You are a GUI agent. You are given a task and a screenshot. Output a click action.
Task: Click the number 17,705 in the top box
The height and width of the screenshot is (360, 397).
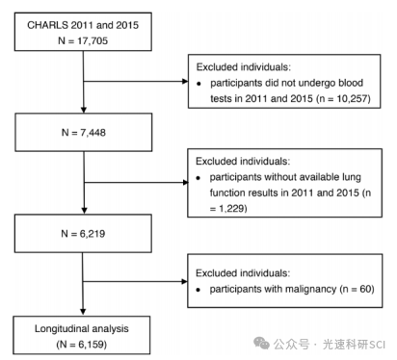93,40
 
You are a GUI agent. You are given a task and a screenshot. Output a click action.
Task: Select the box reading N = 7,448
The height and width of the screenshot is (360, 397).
84,132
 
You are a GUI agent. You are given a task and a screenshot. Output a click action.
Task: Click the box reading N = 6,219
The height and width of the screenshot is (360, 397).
83,234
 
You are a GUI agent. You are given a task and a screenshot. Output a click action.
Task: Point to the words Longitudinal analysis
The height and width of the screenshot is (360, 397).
82,328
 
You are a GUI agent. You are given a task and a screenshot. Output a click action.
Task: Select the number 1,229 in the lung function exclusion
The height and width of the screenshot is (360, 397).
231,209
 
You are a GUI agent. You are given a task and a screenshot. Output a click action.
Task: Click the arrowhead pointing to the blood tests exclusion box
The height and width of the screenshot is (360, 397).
185,81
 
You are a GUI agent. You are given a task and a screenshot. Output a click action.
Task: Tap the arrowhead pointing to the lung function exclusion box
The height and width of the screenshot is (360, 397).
185,183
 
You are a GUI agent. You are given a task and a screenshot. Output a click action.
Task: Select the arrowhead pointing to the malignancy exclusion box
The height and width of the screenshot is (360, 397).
185,282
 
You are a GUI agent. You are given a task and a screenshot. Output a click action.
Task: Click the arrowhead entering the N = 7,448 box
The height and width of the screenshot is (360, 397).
84,110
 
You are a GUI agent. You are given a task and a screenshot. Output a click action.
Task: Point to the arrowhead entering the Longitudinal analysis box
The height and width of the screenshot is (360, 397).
83,312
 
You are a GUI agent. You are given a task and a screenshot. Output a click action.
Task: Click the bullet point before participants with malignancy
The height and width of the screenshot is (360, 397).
198,290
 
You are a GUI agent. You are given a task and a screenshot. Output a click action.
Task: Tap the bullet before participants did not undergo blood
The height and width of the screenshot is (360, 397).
199,84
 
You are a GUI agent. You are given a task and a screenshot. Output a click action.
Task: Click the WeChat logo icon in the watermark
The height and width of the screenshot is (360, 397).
261,343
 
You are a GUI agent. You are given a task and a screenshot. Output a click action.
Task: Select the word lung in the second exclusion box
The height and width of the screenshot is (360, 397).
352,177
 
